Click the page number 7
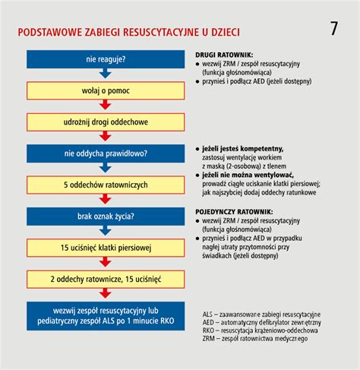[335, 30]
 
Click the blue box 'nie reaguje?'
[106, 59]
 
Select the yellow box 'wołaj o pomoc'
[106, 90]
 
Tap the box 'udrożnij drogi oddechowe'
[106, 122]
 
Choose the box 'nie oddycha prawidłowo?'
[106, 153]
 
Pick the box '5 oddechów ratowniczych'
[106, 185]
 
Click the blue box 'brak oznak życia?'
[106, 216]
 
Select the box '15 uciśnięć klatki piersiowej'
[106, 248]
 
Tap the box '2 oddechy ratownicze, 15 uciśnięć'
[106, 279]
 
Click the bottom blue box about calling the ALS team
[106, 315]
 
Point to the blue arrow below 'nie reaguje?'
[106, 74]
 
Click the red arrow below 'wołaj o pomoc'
[106, 106]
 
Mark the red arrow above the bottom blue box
[106, 294]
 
